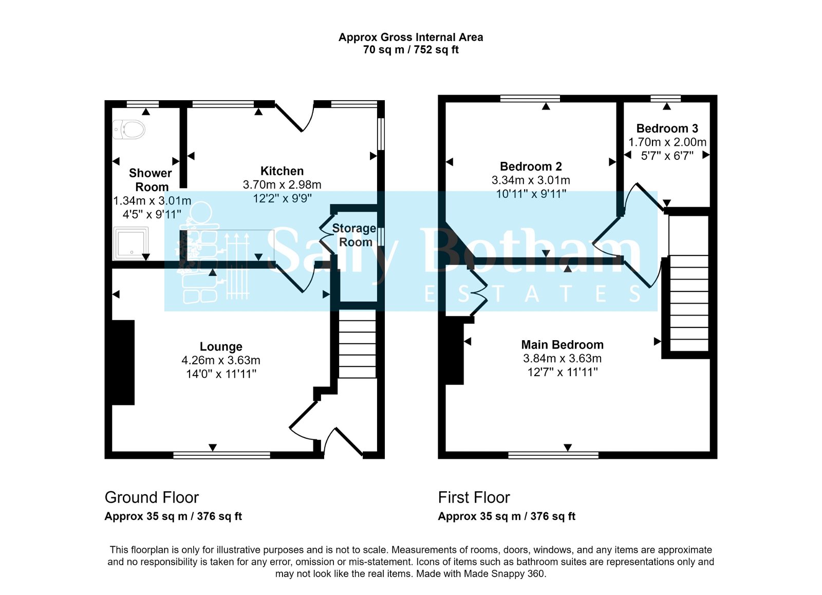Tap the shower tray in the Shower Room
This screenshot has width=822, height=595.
click(x=131, y=243)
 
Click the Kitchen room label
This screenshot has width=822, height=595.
click(x=282, y=171)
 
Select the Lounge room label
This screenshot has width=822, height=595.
click(x=221, y=347)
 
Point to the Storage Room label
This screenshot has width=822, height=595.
click(x=354, y=235)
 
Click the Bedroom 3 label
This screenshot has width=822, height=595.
click(x=667, y=128)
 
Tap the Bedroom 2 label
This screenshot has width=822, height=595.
click(x=531, y=166)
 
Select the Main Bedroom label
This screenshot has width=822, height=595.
click(x=562, y=345)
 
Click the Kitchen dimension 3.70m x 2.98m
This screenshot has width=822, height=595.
click(x=282, y=184)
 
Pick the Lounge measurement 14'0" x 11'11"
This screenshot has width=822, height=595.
click(x=221, y=374)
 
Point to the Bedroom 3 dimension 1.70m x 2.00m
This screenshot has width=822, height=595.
click(x=667, y=142)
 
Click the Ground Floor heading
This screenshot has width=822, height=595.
click(x=152, y=497)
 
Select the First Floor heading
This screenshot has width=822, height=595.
click(x=474, y=497)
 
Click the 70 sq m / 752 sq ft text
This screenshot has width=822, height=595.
click(x=410, y=50)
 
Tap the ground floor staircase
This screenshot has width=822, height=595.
click(x=358, y=348)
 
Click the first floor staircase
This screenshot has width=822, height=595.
click(x=689, y=303)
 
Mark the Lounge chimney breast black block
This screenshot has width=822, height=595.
click(x=123, y=362)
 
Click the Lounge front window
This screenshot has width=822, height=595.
click(x=221, y=455)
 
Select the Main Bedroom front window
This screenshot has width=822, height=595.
click(x=553, y=455)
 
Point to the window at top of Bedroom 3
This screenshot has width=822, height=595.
click(x=665, y=98)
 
